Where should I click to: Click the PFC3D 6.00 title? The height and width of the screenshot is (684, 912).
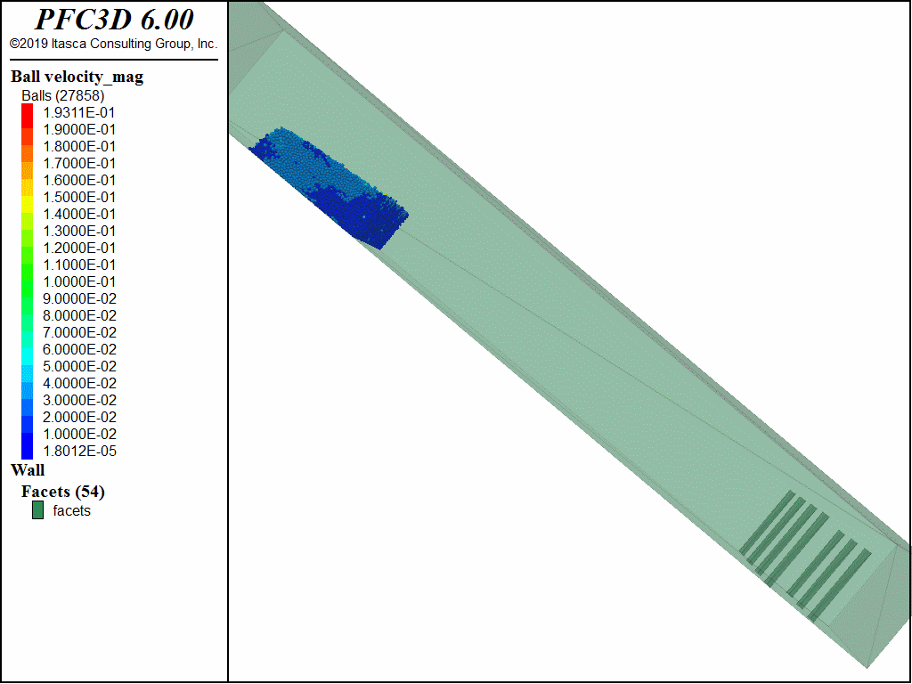(114, 20)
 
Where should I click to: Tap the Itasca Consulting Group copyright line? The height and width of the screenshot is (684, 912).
(113, 44)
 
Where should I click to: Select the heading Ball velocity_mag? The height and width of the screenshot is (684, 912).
(77, 77)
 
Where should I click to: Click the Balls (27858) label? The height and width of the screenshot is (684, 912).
(63, 95)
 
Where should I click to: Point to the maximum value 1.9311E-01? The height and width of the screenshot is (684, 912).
(79, 112)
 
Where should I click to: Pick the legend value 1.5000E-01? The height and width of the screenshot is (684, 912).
(79, 197)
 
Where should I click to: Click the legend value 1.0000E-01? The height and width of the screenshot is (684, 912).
(79, 281)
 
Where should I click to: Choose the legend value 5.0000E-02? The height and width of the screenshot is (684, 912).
(79, 366)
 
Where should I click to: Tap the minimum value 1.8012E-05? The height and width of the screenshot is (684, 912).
(79, 451)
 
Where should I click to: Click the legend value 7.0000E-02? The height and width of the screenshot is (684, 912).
(79, 332)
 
